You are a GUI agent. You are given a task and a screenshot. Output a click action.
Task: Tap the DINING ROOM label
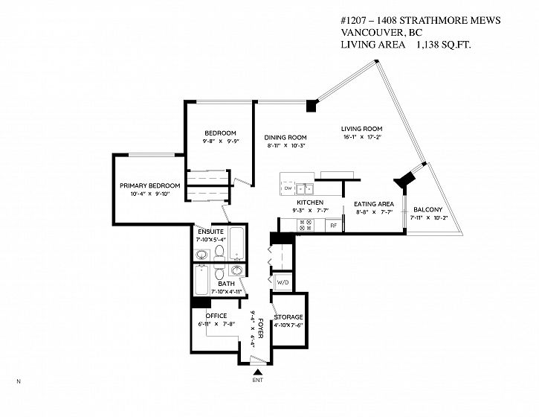(x=286, y=137)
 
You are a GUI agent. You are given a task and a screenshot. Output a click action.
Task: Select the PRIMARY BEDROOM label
(x=150, y=185)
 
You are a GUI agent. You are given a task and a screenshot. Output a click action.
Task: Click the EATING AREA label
(x=374, y=203)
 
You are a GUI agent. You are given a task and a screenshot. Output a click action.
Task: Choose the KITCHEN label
(x=310, y=203)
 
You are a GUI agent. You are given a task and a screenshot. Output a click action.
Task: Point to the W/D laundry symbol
(x=283, y=283)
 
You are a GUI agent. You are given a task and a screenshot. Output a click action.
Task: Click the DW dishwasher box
(x=288, y=188)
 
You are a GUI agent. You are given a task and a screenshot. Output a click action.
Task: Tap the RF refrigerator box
(x=334, y=225)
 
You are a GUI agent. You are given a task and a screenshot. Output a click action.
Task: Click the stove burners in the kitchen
(x=306, y=223)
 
